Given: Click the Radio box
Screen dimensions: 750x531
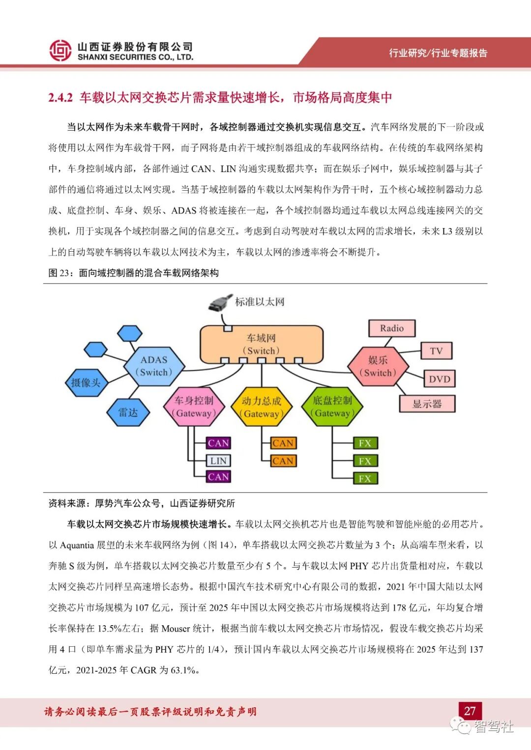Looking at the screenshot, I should point(391,328).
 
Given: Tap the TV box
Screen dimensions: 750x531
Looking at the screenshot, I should point(436,351).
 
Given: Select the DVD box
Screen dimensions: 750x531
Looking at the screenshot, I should point(439,379).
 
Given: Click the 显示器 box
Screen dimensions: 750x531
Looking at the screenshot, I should point(427,404).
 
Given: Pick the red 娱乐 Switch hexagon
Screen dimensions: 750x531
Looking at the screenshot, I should point(378,367).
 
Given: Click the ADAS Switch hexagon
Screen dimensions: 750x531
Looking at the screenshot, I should point(154,366).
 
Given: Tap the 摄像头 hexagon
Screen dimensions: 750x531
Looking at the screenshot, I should point(86,382).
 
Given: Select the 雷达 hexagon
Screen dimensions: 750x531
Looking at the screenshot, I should point(128,412).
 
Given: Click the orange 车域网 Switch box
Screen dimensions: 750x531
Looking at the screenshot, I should point(261,344).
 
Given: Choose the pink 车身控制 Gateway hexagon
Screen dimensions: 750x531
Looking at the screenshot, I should point(194,407).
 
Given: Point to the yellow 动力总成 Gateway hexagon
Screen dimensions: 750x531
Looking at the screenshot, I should point(261,407).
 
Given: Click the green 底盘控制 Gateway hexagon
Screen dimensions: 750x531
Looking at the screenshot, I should point(332,407).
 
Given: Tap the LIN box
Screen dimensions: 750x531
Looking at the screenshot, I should point(218,461).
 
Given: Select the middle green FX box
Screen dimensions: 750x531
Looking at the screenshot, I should point(365,461).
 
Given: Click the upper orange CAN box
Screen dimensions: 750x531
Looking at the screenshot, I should point(283,443).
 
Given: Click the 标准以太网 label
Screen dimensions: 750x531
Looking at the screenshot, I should point(260,302).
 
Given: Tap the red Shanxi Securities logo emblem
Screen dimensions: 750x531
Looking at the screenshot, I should point(60,51).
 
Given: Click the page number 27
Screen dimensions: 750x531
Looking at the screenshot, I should point(470,711).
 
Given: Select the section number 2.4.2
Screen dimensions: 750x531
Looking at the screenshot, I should point(60,98).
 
